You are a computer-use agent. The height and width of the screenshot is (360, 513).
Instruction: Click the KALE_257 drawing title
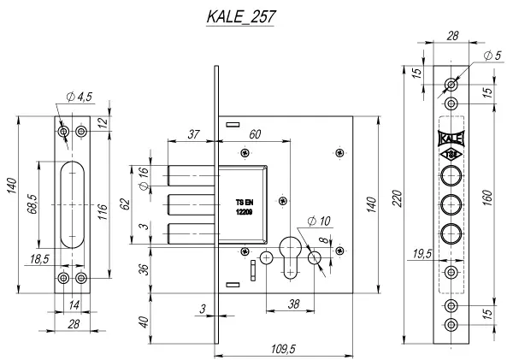coord(240,16)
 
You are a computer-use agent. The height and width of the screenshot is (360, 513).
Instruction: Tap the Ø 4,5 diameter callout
coord(80,97)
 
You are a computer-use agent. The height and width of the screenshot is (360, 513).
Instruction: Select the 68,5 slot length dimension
coord(32,204)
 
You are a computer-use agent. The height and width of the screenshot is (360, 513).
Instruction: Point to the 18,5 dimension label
coord(39,259)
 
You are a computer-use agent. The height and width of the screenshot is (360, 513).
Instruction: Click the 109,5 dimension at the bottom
coord(283,349)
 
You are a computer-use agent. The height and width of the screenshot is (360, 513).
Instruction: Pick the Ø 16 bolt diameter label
coord(144,179)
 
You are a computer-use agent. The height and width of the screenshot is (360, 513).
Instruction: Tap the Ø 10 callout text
coord(319,221)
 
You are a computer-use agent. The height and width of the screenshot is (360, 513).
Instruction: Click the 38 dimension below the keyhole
coord(293,304)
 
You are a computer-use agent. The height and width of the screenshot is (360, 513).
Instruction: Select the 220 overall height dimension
coord(397,198)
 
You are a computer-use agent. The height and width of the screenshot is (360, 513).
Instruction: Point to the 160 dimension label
coord(486,198)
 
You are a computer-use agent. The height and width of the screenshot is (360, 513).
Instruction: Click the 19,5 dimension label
coord(422,254)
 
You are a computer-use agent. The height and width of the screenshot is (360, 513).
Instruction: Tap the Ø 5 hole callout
coord(492,56)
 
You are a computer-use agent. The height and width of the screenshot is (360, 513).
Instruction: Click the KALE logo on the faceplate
coord(451,139)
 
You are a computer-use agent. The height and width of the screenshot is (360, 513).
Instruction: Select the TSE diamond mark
coord(451,155)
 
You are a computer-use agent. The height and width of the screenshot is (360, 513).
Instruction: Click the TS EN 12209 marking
coord(245,207)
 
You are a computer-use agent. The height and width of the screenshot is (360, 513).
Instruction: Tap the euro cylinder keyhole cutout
coord(290,257)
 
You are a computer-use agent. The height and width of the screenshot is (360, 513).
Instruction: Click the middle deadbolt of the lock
coord(192,204)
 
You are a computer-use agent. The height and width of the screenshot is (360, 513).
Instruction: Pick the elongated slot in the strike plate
coord(73,204)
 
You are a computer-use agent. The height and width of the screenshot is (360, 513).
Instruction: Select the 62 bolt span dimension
coord(126,204)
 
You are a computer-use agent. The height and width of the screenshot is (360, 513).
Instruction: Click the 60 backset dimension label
coord(255,134)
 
